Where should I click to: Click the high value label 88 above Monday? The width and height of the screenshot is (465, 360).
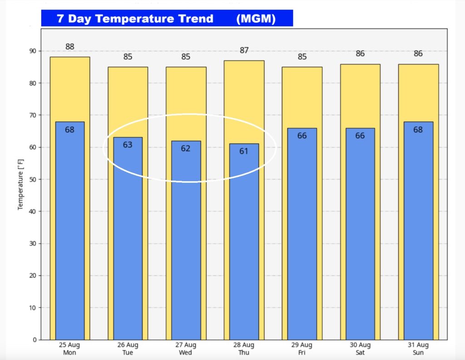[69, 46]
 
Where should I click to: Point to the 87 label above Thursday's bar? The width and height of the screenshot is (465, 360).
[244, 50]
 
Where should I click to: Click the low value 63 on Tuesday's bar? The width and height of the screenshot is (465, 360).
[128, 145]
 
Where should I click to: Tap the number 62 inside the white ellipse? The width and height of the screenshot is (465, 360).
[186, 148]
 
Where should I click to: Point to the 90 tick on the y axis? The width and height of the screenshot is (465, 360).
[33, 51]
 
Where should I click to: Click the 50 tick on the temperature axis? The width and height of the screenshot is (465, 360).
[33, 179]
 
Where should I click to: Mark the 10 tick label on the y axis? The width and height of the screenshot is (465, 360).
[33, 308]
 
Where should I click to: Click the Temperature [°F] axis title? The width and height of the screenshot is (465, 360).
[20, 184]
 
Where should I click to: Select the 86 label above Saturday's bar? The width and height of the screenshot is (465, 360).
[360, 54]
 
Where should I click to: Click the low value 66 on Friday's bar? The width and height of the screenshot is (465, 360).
[302, 135]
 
